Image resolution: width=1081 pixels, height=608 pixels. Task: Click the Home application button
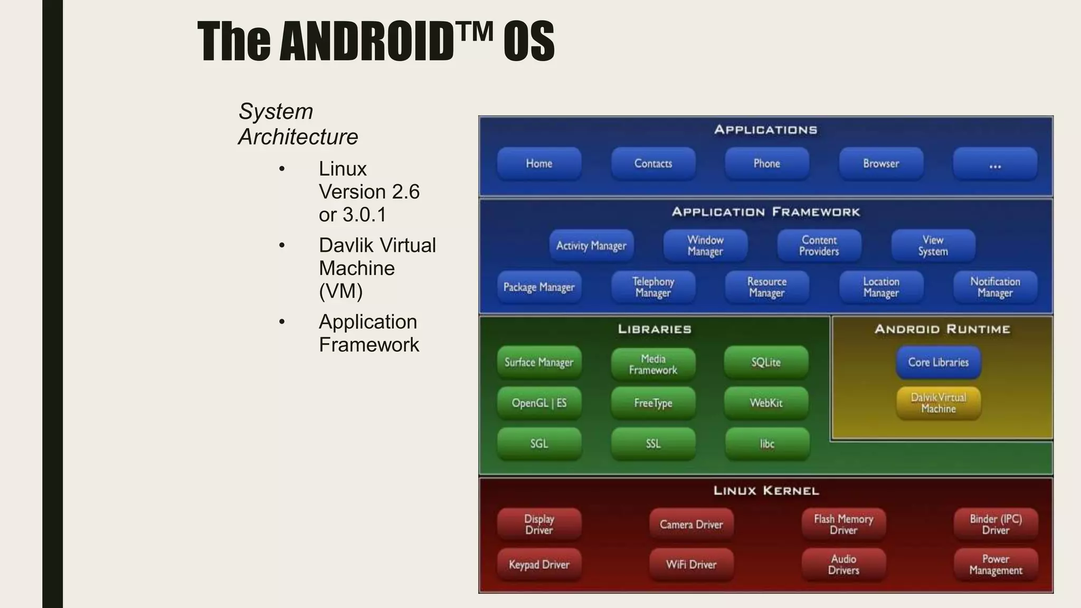[x=539, y=164]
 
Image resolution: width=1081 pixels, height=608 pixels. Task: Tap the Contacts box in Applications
[x=653, y=164]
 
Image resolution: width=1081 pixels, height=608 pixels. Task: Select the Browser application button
[x=881, y=164]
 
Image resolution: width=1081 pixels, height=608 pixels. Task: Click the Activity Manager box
[x=591, y=245]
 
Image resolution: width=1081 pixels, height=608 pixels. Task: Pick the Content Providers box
[x=819, y=245]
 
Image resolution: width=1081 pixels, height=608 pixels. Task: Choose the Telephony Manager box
[x=653, y=287]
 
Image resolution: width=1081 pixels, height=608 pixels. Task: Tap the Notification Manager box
[x=995, y=287]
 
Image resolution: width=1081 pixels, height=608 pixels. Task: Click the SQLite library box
[x=766, y=362]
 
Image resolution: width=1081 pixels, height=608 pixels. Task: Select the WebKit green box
[x=766, y=403]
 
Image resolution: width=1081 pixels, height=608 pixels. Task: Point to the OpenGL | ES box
[x=539, y=403]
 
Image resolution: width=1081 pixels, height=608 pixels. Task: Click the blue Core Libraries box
[x=938, y=362]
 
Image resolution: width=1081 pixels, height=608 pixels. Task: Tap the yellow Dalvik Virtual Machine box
[x=938, y=403]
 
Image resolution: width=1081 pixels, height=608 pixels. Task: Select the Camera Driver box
[x=691, y=525]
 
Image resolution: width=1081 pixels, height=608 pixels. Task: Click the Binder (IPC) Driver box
[x=995, y=525]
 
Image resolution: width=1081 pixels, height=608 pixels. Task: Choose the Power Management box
[x=995, y=565]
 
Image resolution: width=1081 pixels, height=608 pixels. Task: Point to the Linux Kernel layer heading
[x=766, y=491]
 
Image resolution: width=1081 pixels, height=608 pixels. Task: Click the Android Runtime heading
[x=942, y=329]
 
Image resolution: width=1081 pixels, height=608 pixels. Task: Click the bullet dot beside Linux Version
[x=282, y=169]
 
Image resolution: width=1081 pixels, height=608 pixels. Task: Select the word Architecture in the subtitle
[x=298, y=137]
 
